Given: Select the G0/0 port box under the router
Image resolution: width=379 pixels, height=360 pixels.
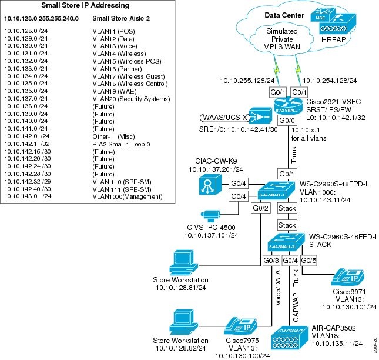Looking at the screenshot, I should pos(287,121).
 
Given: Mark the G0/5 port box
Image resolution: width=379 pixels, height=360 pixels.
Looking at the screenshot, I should pos(310,259).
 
